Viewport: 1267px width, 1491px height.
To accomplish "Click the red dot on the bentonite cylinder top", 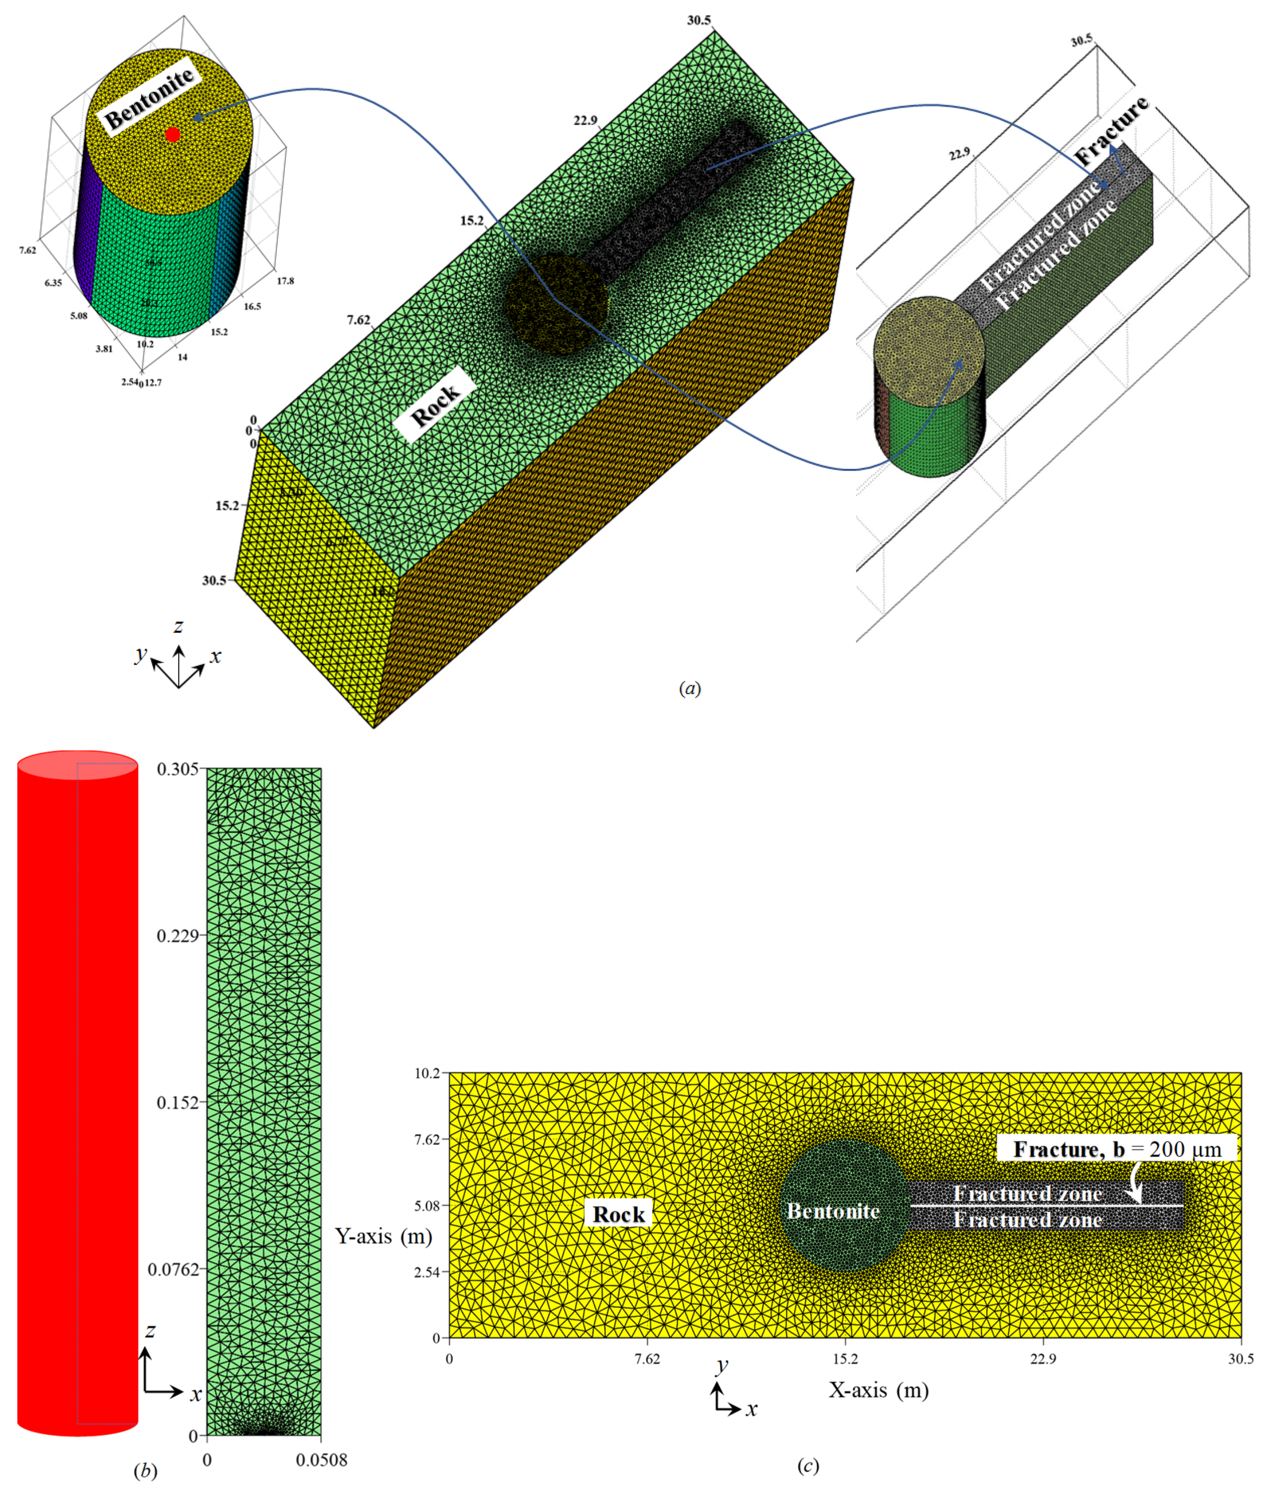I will pos(172,134).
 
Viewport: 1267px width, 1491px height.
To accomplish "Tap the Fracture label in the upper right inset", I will pos(1111,129).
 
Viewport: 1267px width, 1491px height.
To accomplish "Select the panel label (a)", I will pos(690,689).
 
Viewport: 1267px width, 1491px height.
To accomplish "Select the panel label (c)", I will pos(808,1465).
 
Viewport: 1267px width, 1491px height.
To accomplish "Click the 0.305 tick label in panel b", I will pos(177,769).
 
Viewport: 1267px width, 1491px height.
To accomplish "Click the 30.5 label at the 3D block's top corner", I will pos(699,20).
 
